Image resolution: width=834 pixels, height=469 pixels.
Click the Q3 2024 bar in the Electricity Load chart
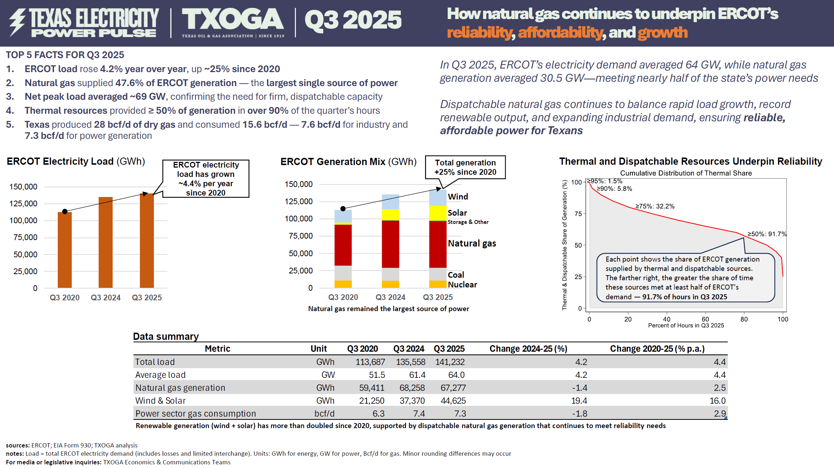point(105,242)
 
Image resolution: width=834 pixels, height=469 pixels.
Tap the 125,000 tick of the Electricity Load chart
point(23,203)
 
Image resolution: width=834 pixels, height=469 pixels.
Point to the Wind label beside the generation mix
point(458,197)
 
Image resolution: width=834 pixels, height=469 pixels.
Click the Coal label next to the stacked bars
point(456,275)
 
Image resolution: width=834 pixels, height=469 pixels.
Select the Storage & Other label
point(468,222)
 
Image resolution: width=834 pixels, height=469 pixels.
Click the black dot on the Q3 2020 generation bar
point(343,208)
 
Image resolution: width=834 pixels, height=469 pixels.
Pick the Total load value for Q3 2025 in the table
point(450,362)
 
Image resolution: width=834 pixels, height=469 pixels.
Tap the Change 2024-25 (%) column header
point(528,349)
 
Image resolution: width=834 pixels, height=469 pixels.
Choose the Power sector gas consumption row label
point(195,414)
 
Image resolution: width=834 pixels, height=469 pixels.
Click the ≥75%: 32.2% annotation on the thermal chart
point(655,206)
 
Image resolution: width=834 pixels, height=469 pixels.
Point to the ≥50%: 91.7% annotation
point(767,234)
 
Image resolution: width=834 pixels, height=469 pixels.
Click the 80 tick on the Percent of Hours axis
point(744,319)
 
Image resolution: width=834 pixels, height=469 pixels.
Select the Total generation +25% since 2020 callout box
point(465,167)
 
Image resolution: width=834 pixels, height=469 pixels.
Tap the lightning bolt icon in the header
point(17,22)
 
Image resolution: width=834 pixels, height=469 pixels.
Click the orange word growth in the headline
point(663,33)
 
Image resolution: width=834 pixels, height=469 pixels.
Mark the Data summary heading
point(166,336)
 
